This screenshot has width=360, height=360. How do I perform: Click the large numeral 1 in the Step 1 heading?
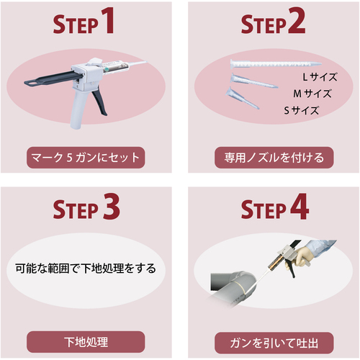coord(108,20)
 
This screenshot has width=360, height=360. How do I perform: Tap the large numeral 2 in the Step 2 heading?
coord(297,20)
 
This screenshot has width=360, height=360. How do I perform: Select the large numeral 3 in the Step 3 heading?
coord(111,207)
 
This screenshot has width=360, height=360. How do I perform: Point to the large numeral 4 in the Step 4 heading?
coord(300,207)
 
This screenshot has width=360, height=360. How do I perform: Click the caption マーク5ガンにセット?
coord(86,158)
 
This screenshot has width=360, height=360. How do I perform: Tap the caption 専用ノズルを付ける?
coord(274,158)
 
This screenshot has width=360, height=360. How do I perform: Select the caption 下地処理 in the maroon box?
coord(86,342)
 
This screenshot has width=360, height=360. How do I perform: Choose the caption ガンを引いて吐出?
coord(274,343)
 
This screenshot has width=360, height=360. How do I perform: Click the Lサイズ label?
coord(320,77)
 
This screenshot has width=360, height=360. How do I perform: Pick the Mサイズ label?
coord(312,94)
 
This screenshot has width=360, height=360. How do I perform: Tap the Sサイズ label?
coord(302,110)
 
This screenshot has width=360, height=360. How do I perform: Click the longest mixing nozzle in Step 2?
coord(276,64)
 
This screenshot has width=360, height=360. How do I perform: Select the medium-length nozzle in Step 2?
coord(254,81)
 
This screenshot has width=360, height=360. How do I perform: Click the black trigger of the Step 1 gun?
coord(100,103)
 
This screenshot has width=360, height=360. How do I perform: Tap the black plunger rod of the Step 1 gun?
coord(52,78)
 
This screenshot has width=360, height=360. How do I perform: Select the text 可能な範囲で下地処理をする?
coord(86,269)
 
